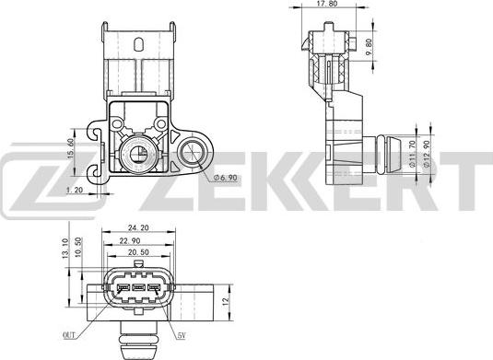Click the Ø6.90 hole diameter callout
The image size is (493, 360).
[227, 177]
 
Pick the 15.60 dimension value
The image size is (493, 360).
[72, 147]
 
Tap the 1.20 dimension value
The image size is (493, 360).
[78, 191]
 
